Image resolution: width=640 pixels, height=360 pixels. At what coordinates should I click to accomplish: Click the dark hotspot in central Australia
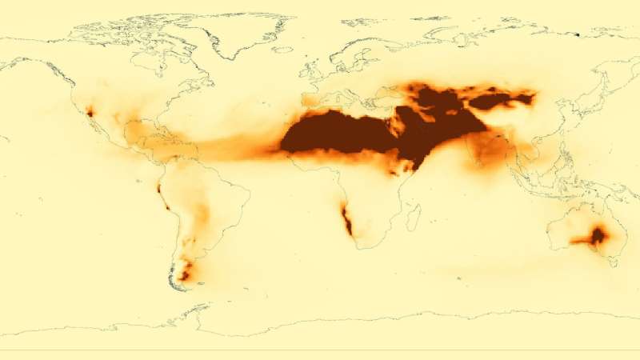pos(597,235)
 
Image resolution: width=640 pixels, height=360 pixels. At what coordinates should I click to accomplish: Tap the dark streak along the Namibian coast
pos(347,221)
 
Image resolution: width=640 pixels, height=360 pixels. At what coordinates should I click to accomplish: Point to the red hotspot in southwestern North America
pos(90,112)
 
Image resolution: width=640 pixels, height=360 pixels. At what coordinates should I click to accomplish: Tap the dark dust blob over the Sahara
pos(336,136)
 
